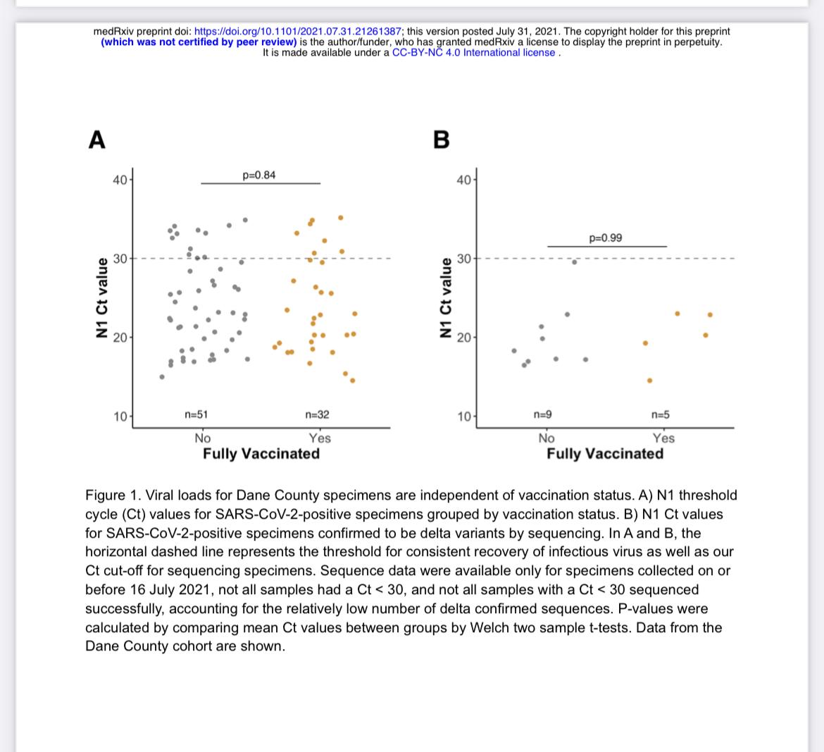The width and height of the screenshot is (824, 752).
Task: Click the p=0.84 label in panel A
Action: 258,175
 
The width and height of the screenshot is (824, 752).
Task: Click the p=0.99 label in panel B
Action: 606,238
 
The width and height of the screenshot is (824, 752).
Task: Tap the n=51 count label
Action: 196,414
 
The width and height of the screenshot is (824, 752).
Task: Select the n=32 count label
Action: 318,414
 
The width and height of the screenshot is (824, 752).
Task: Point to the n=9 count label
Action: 543,414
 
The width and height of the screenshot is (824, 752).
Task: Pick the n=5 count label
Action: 661,414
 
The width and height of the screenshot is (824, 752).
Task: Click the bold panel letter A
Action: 97,140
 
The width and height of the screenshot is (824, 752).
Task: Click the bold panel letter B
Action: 442,140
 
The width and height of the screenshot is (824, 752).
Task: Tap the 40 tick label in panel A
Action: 120,180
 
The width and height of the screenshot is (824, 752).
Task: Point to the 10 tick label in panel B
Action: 464,417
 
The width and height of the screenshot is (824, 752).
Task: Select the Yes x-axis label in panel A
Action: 320,438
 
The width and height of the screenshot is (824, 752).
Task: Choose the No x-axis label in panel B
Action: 547,438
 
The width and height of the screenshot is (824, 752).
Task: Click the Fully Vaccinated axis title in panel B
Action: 606,454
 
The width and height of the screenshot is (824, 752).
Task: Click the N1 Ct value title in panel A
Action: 102,297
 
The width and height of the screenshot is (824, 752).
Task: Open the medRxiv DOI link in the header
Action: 298,32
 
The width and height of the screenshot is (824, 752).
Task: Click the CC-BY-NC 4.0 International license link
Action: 473,53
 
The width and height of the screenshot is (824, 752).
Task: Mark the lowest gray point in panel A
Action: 162,376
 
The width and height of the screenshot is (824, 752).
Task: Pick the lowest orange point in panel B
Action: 649,380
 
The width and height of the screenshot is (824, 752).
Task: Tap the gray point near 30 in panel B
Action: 575,262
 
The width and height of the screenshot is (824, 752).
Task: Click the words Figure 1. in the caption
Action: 113,495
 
